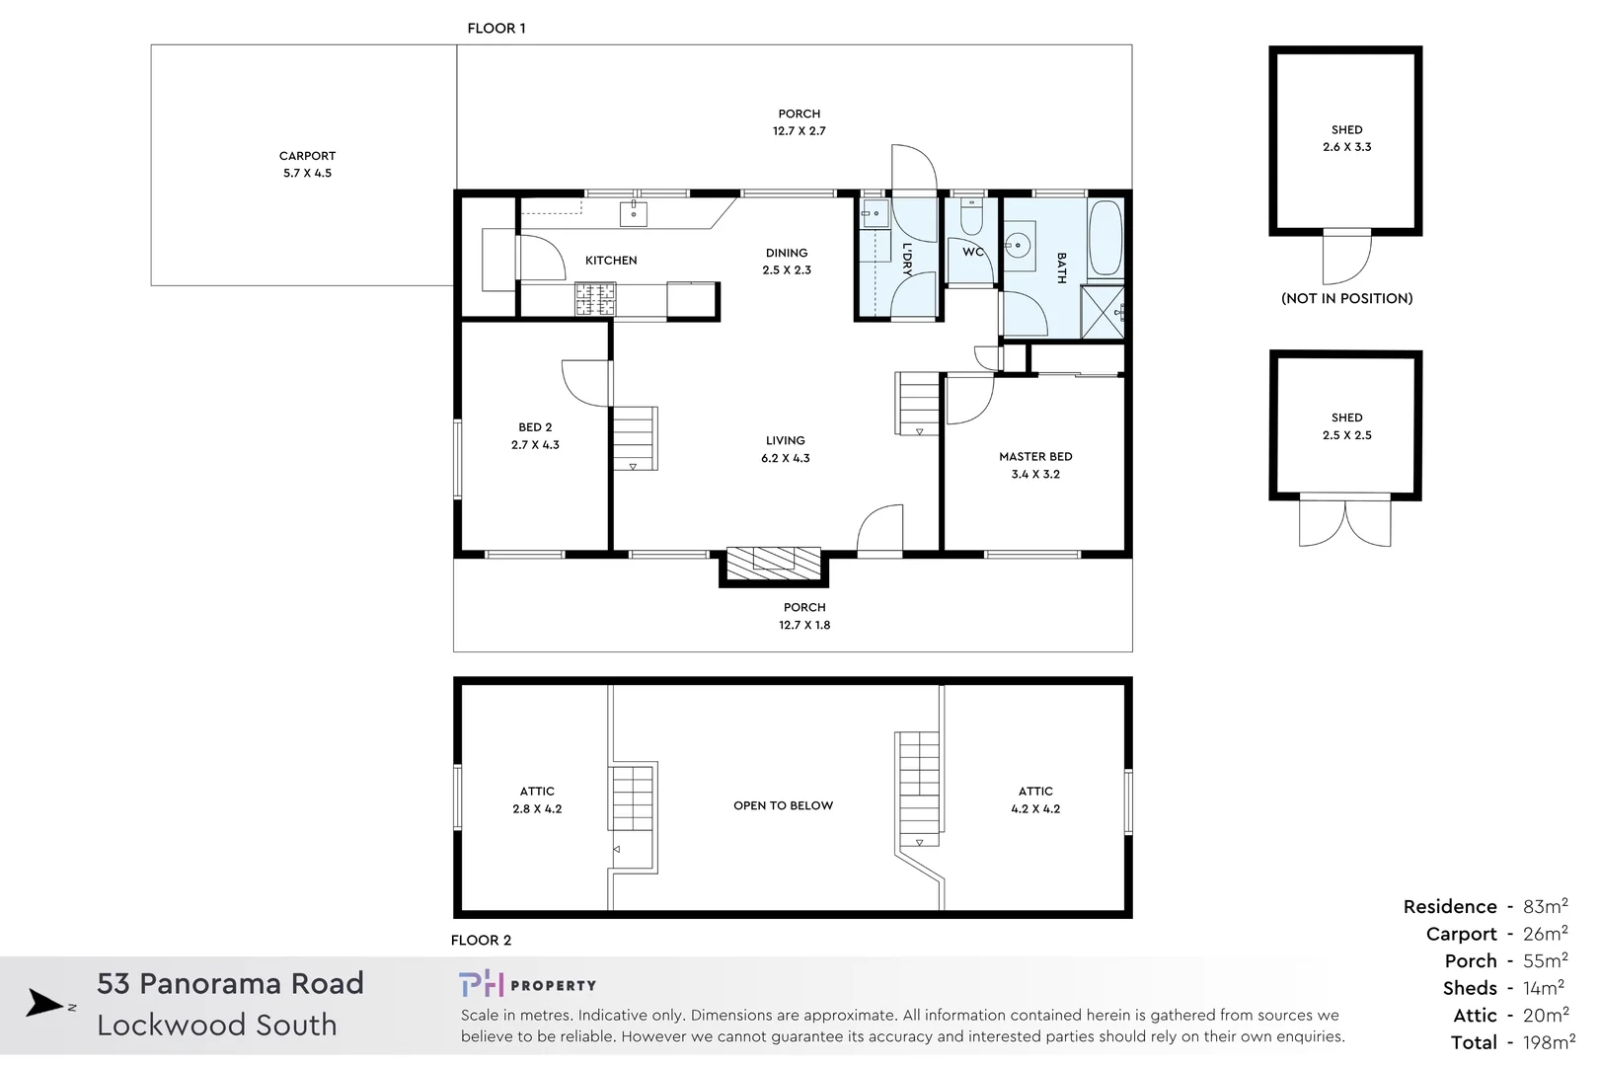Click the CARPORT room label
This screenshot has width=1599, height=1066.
(x=307, y=156)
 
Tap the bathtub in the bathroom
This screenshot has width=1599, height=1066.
(x=1104, y=238)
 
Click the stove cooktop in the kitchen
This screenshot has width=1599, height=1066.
(x=595, y=299)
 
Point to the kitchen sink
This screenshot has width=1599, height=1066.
(x=634, y=213)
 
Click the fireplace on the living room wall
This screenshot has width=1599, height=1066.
(x=773, y=564)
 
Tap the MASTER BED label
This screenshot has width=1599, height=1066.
(x=1034, y=457)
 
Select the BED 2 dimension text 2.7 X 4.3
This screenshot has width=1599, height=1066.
(x=535, y=445)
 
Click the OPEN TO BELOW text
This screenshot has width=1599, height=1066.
(x=783, y=805)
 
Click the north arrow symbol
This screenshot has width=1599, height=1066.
(x=45, y=1003)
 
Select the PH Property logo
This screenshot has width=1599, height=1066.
(x=527, y=984)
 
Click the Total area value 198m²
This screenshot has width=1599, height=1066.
(x=1548, y=1042)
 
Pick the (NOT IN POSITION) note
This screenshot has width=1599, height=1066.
(x=1346, y=298)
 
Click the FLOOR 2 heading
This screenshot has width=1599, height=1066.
(x=481, y=940)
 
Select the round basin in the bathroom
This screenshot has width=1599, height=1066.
(x=1018, y=244)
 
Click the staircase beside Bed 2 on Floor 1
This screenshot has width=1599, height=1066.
(x=634, y=437)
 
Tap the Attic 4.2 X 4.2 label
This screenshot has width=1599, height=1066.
(x=1034, y=799)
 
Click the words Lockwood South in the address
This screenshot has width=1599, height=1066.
(x=217, y=1025)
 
